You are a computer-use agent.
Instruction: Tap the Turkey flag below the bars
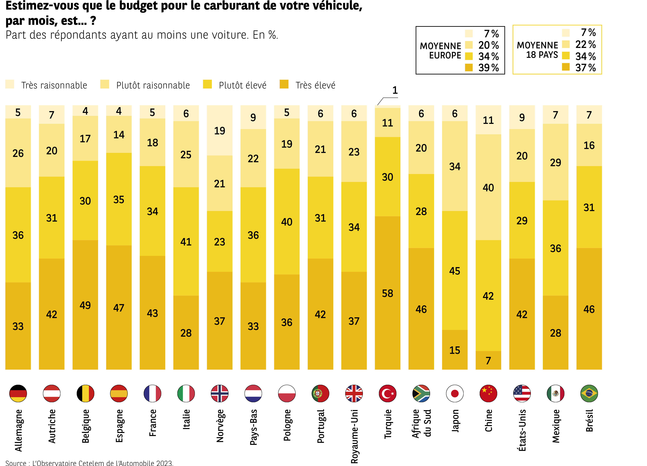pyautogui.click(x=387, y=393)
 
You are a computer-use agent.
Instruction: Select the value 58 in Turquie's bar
pyautogui.click(x=387, y=293)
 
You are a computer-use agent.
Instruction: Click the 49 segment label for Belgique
pyautogui.click(x=85, y=305)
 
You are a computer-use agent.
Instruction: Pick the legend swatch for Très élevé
pyautogui.click(x=284, y=84)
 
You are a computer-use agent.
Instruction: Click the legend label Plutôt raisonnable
pyautogui.click(x=153, y=85)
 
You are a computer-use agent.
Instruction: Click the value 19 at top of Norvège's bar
pyautogui.click(x=219, y=131)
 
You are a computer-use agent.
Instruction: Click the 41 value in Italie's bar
pyautogui.click(x=186, y=242)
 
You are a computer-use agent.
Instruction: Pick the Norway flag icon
pyautogui.click(x=219, y=393)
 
